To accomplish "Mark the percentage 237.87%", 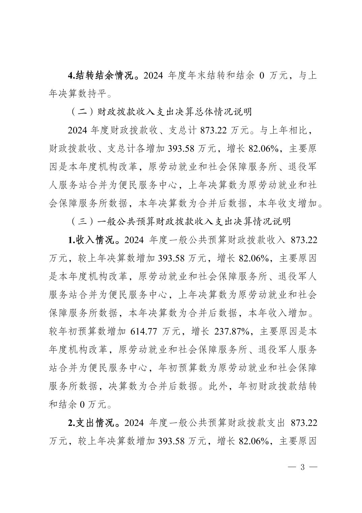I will pyautogui.click(x=234, y=331).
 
